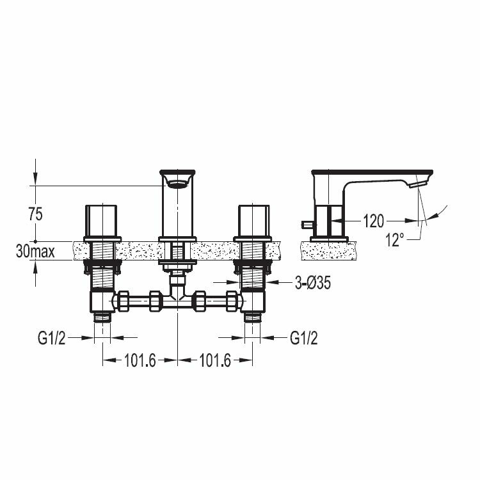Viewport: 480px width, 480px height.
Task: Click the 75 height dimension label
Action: tap(35, 214)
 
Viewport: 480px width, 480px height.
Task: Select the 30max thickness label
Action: tap(35, 252)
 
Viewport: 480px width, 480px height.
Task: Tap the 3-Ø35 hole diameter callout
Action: tap(313, 283)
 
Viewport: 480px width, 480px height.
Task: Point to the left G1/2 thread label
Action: tap(52, 339)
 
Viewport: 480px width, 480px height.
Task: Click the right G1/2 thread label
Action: tap(303, 339)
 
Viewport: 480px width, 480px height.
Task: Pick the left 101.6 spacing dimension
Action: tap(140, 360)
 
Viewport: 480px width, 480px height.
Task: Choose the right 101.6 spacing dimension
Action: tap(215, 360)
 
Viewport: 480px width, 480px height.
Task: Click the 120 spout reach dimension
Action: tap(373, 221)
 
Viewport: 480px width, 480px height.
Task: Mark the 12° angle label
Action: tap(395, 240)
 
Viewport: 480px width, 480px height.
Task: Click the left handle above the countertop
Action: tap(100, 221)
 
